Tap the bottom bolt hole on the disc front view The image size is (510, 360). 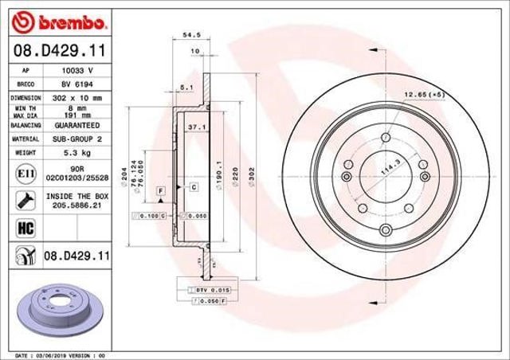(386, 231)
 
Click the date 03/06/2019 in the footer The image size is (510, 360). (52, 354)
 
